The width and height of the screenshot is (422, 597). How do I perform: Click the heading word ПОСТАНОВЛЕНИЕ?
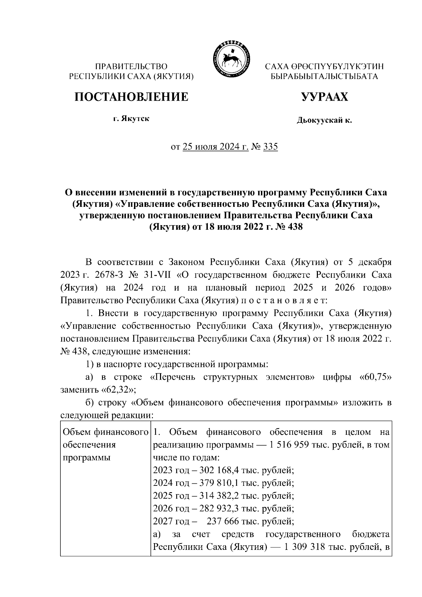click(x=131, y=96)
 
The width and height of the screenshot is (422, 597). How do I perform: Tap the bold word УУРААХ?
click(x=325, y=96)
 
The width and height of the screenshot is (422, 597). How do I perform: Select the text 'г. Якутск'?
click(x=131, y=119)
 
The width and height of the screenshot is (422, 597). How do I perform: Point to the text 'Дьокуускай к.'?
click(x=324, y=121)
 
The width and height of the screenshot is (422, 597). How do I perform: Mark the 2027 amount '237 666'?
click(x=222, y=521)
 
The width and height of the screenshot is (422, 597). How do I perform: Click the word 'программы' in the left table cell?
click(x=86, y=457)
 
